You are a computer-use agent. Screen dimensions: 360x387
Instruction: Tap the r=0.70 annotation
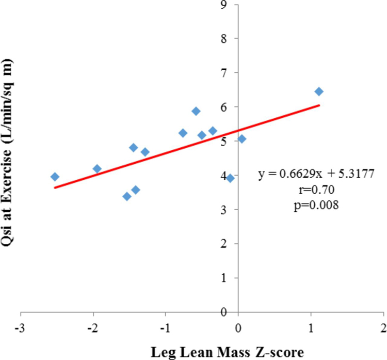pyautogui.click(x=318, y=190)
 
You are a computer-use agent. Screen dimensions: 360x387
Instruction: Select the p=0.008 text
pyautogui.click(x=318, y=204)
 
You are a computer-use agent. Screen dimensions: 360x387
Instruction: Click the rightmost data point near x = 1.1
pyautogui.click(x=319, y=91)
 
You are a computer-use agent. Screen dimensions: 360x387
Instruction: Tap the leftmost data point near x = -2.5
pyautogui.click(x=55, y=177)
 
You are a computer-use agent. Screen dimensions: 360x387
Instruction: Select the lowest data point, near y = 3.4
pyautogui.click(x=127, y=196)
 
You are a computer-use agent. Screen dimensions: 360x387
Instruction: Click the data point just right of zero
pyautogui.click(x=241, y=139)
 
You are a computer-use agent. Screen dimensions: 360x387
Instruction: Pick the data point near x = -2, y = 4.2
pyautogui.click(x=97, y=169)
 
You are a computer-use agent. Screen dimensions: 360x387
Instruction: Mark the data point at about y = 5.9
pyautogui.click(x=196, y=111)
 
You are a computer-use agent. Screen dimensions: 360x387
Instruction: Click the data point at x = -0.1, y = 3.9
pyautogui.click(x=230, y=178)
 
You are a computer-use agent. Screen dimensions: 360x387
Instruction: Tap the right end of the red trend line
pyautogui.click(x=319, y=105)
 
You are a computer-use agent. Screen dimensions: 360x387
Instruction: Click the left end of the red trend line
pyautogui.click(x=55, y=187)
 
